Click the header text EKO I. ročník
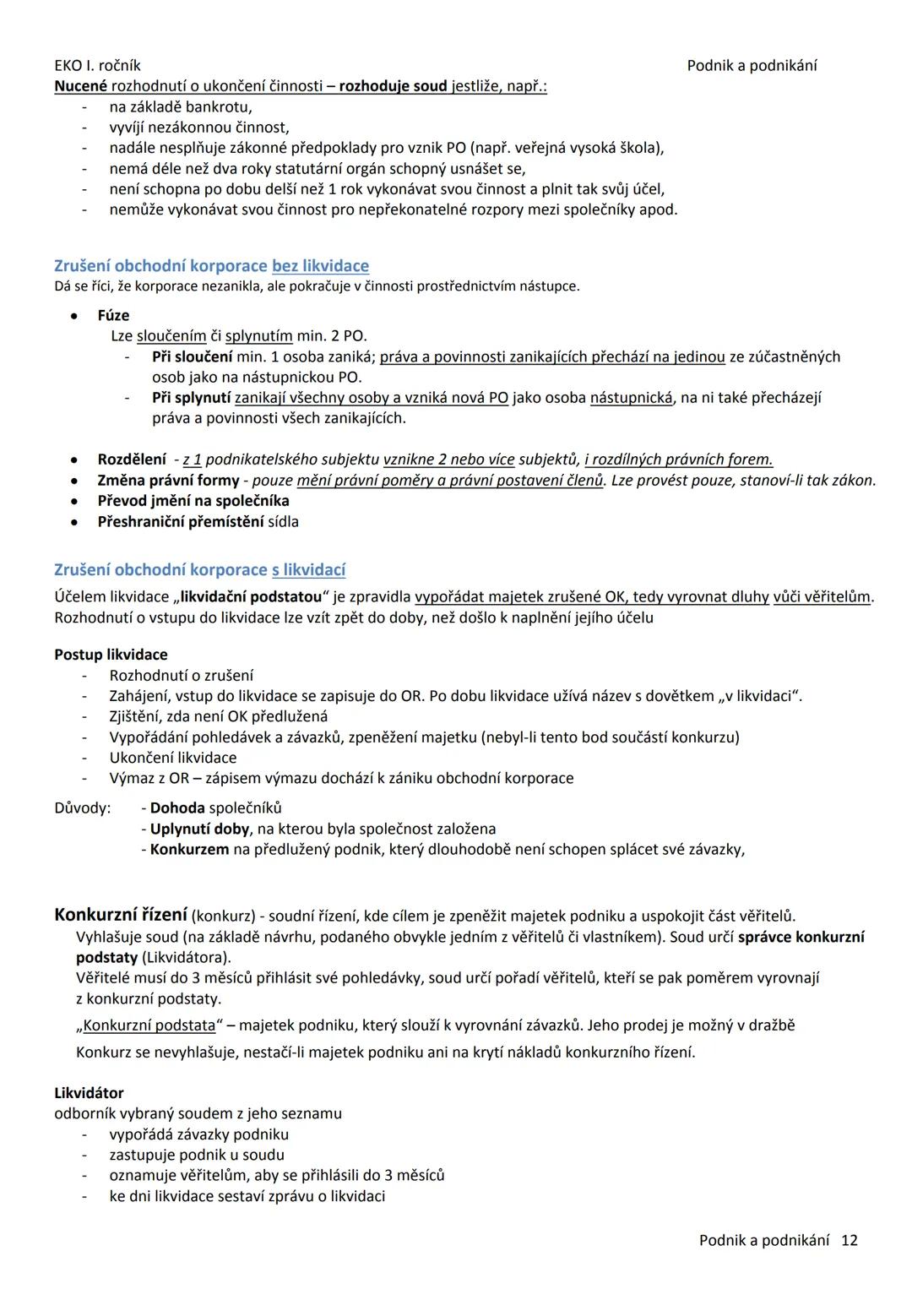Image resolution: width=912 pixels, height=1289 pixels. (97, 66)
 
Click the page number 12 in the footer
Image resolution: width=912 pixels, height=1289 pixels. (850, 1240)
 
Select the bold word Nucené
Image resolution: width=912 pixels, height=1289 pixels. (81, 86)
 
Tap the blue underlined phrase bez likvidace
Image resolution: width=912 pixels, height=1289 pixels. (320, 266)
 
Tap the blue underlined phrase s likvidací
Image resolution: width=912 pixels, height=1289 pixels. (308, 569)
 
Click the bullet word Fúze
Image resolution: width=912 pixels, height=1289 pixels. (113, 315)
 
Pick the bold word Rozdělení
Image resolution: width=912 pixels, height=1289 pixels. (132, 460)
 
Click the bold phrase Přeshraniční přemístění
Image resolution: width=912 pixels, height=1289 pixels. (180, 522)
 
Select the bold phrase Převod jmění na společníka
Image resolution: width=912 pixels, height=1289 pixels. (193, 501)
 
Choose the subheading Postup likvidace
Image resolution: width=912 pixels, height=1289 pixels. (111, 655)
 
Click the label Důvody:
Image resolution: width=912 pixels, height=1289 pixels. (82, 808)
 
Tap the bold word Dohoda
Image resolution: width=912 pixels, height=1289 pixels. (177, 808)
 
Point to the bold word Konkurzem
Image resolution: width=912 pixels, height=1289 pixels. (189, 849)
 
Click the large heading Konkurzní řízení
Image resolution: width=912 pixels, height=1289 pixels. (120, 915)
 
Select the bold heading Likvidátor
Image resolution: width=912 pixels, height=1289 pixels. (89, 1093)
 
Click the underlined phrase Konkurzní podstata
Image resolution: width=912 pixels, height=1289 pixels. (149, 1025)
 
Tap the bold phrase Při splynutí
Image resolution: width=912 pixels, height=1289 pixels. (191, 398)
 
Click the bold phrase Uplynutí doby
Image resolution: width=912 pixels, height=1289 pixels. (199, 829)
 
